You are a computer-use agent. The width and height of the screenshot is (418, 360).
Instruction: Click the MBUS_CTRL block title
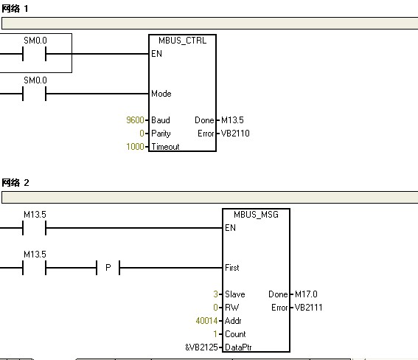(182, 41)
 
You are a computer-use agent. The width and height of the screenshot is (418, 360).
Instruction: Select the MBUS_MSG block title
(256, 215)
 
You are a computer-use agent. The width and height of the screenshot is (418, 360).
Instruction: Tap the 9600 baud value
(135, 120)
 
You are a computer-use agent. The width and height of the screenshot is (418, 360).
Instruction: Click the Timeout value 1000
(135, 146)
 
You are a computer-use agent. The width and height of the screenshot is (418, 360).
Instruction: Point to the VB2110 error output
(235, 133)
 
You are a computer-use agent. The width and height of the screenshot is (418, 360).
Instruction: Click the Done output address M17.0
(306, 294)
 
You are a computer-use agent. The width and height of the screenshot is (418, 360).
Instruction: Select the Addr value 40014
(206, 321)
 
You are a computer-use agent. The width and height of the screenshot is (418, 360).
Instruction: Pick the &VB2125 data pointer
(201, 347)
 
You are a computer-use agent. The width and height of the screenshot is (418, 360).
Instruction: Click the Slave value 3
(216, 294)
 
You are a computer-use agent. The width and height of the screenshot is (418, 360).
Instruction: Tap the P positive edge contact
(108, 268)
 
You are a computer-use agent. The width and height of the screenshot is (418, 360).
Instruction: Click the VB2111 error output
(308, 307)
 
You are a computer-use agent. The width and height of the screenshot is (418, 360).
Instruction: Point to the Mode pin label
(161, 94)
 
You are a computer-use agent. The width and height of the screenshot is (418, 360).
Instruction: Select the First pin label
(232, 268)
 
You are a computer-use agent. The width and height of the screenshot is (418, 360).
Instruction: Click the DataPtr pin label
(238, 347)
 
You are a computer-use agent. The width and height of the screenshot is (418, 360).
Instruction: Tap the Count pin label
(235, 334)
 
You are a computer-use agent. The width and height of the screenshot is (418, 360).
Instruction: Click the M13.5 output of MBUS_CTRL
(232, 120)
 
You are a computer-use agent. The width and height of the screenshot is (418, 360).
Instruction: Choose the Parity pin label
(161, 134)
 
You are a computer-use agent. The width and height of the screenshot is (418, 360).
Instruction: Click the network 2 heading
(15, 183)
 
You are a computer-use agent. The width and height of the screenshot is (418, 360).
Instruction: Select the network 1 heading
(15, 9)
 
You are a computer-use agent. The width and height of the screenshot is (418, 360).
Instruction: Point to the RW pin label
(231, 307)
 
